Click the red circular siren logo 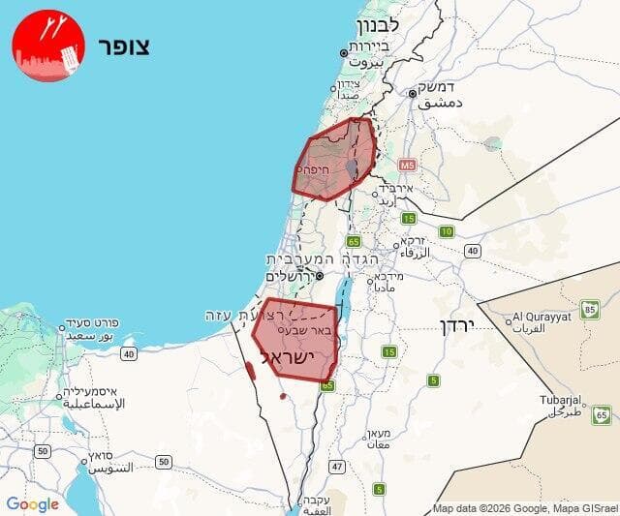[x=48, y=46]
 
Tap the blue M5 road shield [x=406, y=166]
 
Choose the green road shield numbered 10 [x=446, y=231]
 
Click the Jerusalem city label [x=293, y=276]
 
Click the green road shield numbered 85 [x=590, y=310]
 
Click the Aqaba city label [x=317, y=503]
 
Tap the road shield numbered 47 [x=337, y=467]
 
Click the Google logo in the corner [x=32, y=503]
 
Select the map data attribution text [x=523, y=508]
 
